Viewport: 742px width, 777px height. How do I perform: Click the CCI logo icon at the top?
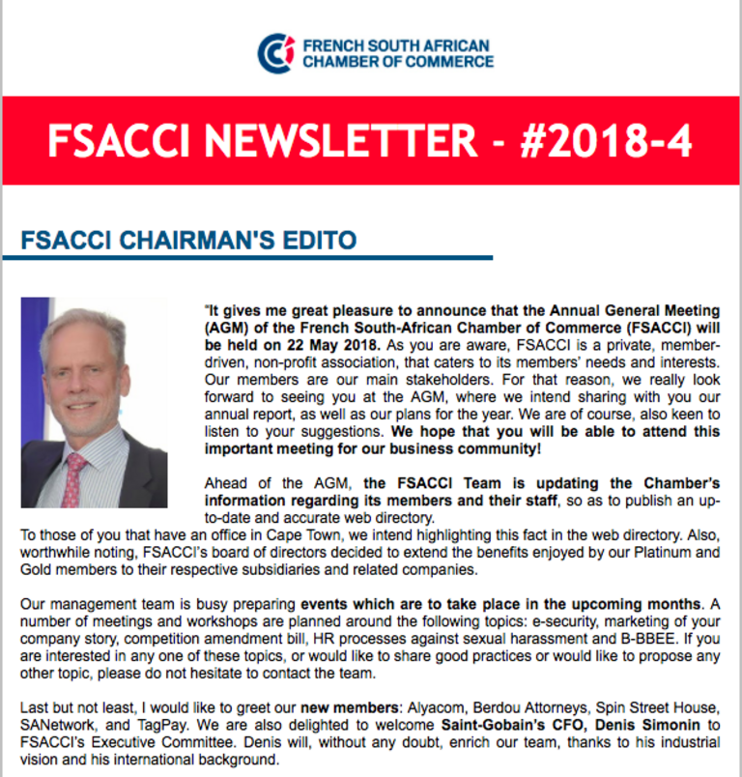click(275, 53)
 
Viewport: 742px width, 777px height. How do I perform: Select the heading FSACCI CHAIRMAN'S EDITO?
click(189, 240)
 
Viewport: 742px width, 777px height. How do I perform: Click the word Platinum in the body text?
click(651, 553)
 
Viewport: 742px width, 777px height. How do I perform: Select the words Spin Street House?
click(639, 707)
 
